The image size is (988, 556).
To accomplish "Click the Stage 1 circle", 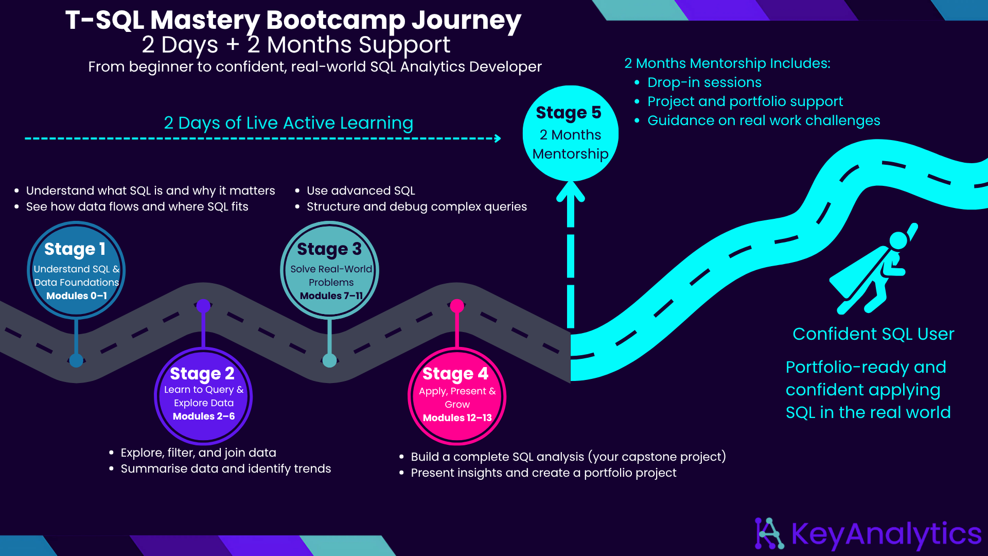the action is pyautogui.click(x=76, y=270).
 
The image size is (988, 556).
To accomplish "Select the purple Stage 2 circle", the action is pyautogui.click(x=203, y=396).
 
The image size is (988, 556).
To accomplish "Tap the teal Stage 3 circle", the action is pyautogui.click(x=330, y=270).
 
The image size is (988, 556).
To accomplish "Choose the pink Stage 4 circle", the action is pyautogui.click(x=457, y=396).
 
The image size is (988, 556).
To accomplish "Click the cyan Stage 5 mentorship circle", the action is pyautogui.click(x=570, y=133).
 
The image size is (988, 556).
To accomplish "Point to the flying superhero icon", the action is pyautogui.click(x=873, y=269).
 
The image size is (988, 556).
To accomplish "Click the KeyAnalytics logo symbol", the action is pyautogui.click(x=769, y=533).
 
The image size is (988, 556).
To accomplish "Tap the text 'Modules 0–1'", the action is pyautogui.click(x=77, y=296).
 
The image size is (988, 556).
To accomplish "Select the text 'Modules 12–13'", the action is pyautogui.click(x=457, y=418).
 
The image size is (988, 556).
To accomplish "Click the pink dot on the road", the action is pyautogui.click(x=457, y=306).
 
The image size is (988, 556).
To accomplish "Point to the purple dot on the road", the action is pyautogui.click(x=203, y=306).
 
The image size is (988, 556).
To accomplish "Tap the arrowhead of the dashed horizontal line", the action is pyautogui.click(x=498, y=138).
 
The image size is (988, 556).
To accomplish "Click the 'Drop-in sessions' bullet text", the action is pyautogui.click(x=704, y=82).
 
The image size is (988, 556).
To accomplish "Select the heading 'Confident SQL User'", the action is pyautogui.click(x=873, y=334).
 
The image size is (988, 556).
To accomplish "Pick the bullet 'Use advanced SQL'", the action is pyautogui.click(x=361, y=190).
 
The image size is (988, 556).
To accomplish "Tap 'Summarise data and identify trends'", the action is pyautogui.click(x=226, y=468).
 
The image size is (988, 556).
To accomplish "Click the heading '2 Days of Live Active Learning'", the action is pyautogui.click(x=288, y=123).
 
